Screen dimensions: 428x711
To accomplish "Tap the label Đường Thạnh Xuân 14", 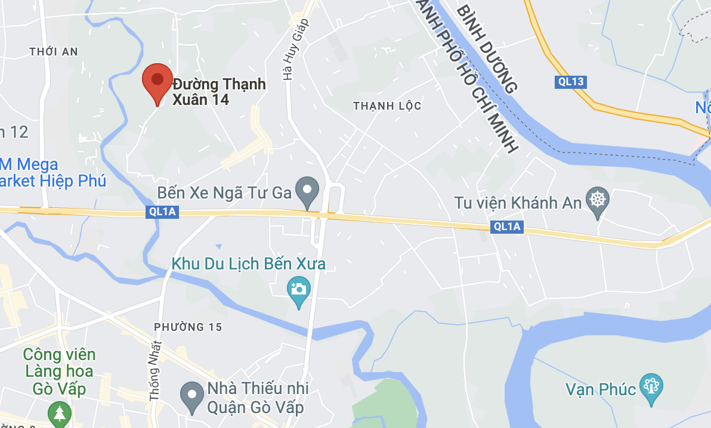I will click(219, 91).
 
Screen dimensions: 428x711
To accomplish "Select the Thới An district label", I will click(54, 52).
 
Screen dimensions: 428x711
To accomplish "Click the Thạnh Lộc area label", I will click(387, 106).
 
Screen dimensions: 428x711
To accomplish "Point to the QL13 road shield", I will click(570, 82).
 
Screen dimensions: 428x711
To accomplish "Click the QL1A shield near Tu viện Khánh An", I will click(507, 227).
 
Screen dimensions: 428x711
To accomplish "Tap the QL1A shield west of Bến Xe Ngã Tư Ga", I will click(162, 212).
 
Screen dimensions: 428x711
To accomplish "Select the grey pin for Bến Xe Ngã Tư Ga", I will click(308, 192).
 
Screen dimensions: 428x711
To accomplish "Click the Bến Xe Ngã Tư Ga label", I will click(224, 193).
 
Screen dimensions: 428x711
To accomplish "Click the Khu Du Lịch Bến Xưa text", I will click(248, 263).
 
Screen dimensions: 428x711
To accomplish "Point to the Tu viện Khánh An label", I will click(518, 203).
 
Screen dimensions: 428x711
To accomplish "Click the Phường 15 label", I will click(188, 327).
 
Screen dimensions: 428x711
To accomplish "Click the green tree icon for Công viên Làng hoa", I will click(59, 413).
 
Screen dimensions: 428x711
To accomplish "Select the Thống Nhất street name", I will click(156, 369).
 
